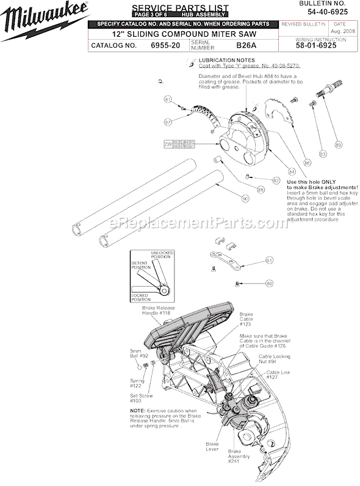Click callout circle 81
pyautogui.click(x=168, y=99)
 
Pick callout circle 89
pyautogui.click(x=339, y=144)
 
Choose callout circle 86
pyautogui.click(x=290, y=163)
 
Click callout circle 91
pyautogui.click(x=268, y=260)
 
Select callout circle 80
pyautogui.click(x=269, y=283)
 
